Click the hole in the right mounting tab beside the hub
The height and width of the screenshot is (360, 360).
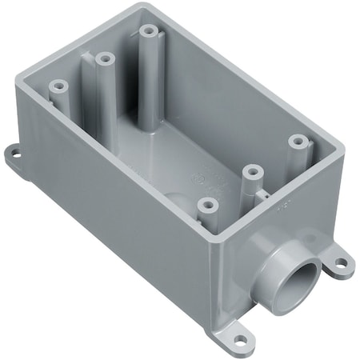pos(342,261)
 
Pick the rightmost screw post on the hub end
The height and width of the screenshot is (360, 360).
pos(298,141)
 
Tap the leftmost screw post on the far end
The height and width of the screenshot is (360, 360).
pos(57,84)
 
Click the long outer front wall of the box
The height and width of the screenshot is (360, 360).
pos(120,224)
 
